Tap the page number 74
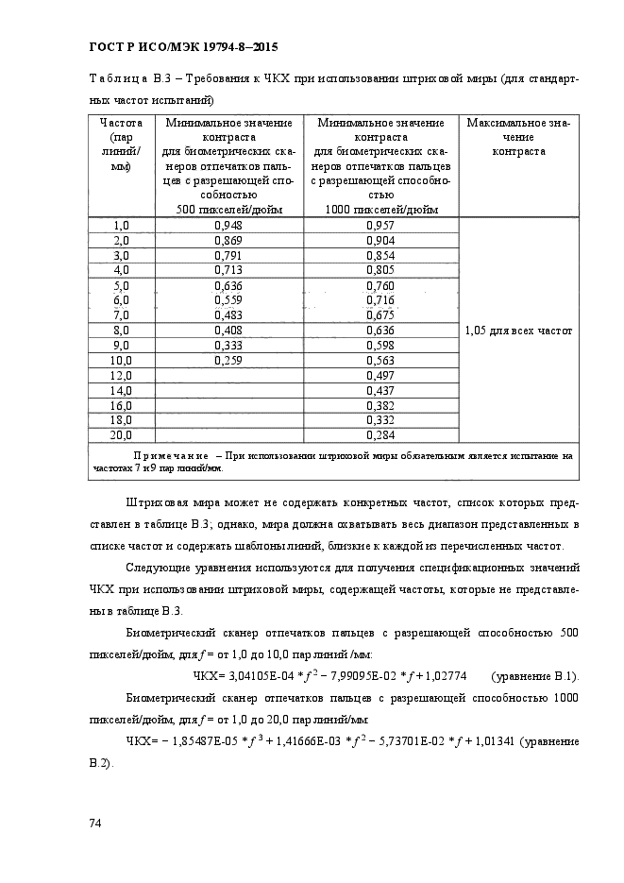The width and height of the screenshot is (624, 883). [x=94, y=824]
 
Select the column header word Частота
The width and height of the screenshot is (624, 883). [x=121, y=123]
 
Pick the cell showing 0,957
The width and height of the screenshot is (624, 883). [x=380, y=226]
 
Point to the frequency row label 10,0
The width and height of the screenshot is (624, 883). [x=121, y=360]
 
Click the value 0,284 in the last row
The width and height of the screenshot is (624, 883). [x=380, y=434]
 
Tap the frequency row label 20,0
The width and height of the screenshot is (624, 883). [x=121, y=434]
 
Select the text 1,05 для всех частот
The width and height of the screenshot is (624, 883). [x=518, y=331]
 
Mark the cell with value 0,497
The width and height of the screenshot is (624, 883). [x=380, y=375]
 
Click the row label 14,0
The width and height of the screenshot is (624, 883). [x=121, y=390]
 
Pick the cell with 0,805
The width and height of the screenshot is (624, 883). [x=380, y=270]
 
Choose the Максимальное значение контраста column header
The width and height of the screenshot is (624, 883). [x=518, y=137]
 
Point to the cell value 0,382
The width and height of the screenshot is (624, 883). [x=380, y=405]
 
